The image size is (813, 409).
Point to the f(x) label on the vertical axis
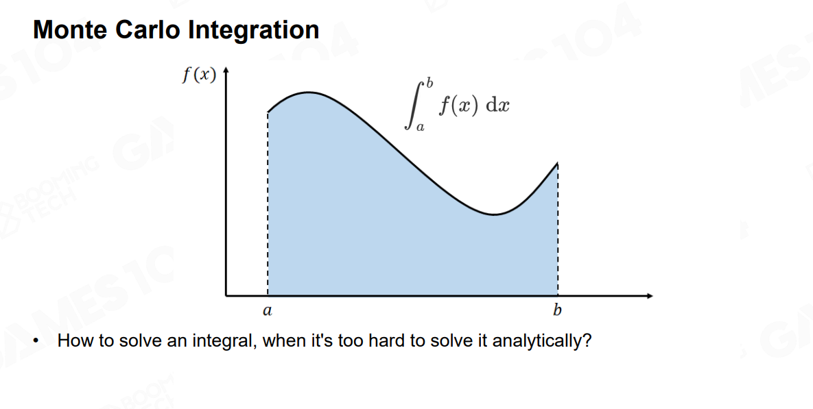pyautogui.click(x=199, y=75)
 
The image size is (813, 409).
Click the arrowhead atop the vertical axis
pyautogui.click(x=226, y=71)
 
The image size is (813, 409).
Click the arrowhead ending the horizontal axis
pyautogui.click(x=649, y=296)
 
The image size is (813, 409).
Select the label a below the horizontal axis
pyautogui.click(x=267, y=310)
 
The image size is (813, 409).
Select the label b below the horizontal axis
pyautogui.click(x=557, y=310)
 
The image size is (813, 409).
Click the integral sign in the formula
pyautogui.click(x=412, y=104)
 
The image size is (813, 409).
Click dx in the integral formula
pyautogui.click(x=498, y=105)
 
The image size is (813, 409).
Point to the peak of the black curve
pyautogui.click(x=308, y=92)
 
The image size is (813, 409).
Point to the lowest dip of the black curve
pyautogui.click(x=495, y=214)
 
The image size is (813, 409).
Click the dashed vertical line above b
pyautogui.click(x=558, y=230)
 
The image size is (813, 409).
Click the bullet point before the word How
pyautogui.click(x=36, y=341)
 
